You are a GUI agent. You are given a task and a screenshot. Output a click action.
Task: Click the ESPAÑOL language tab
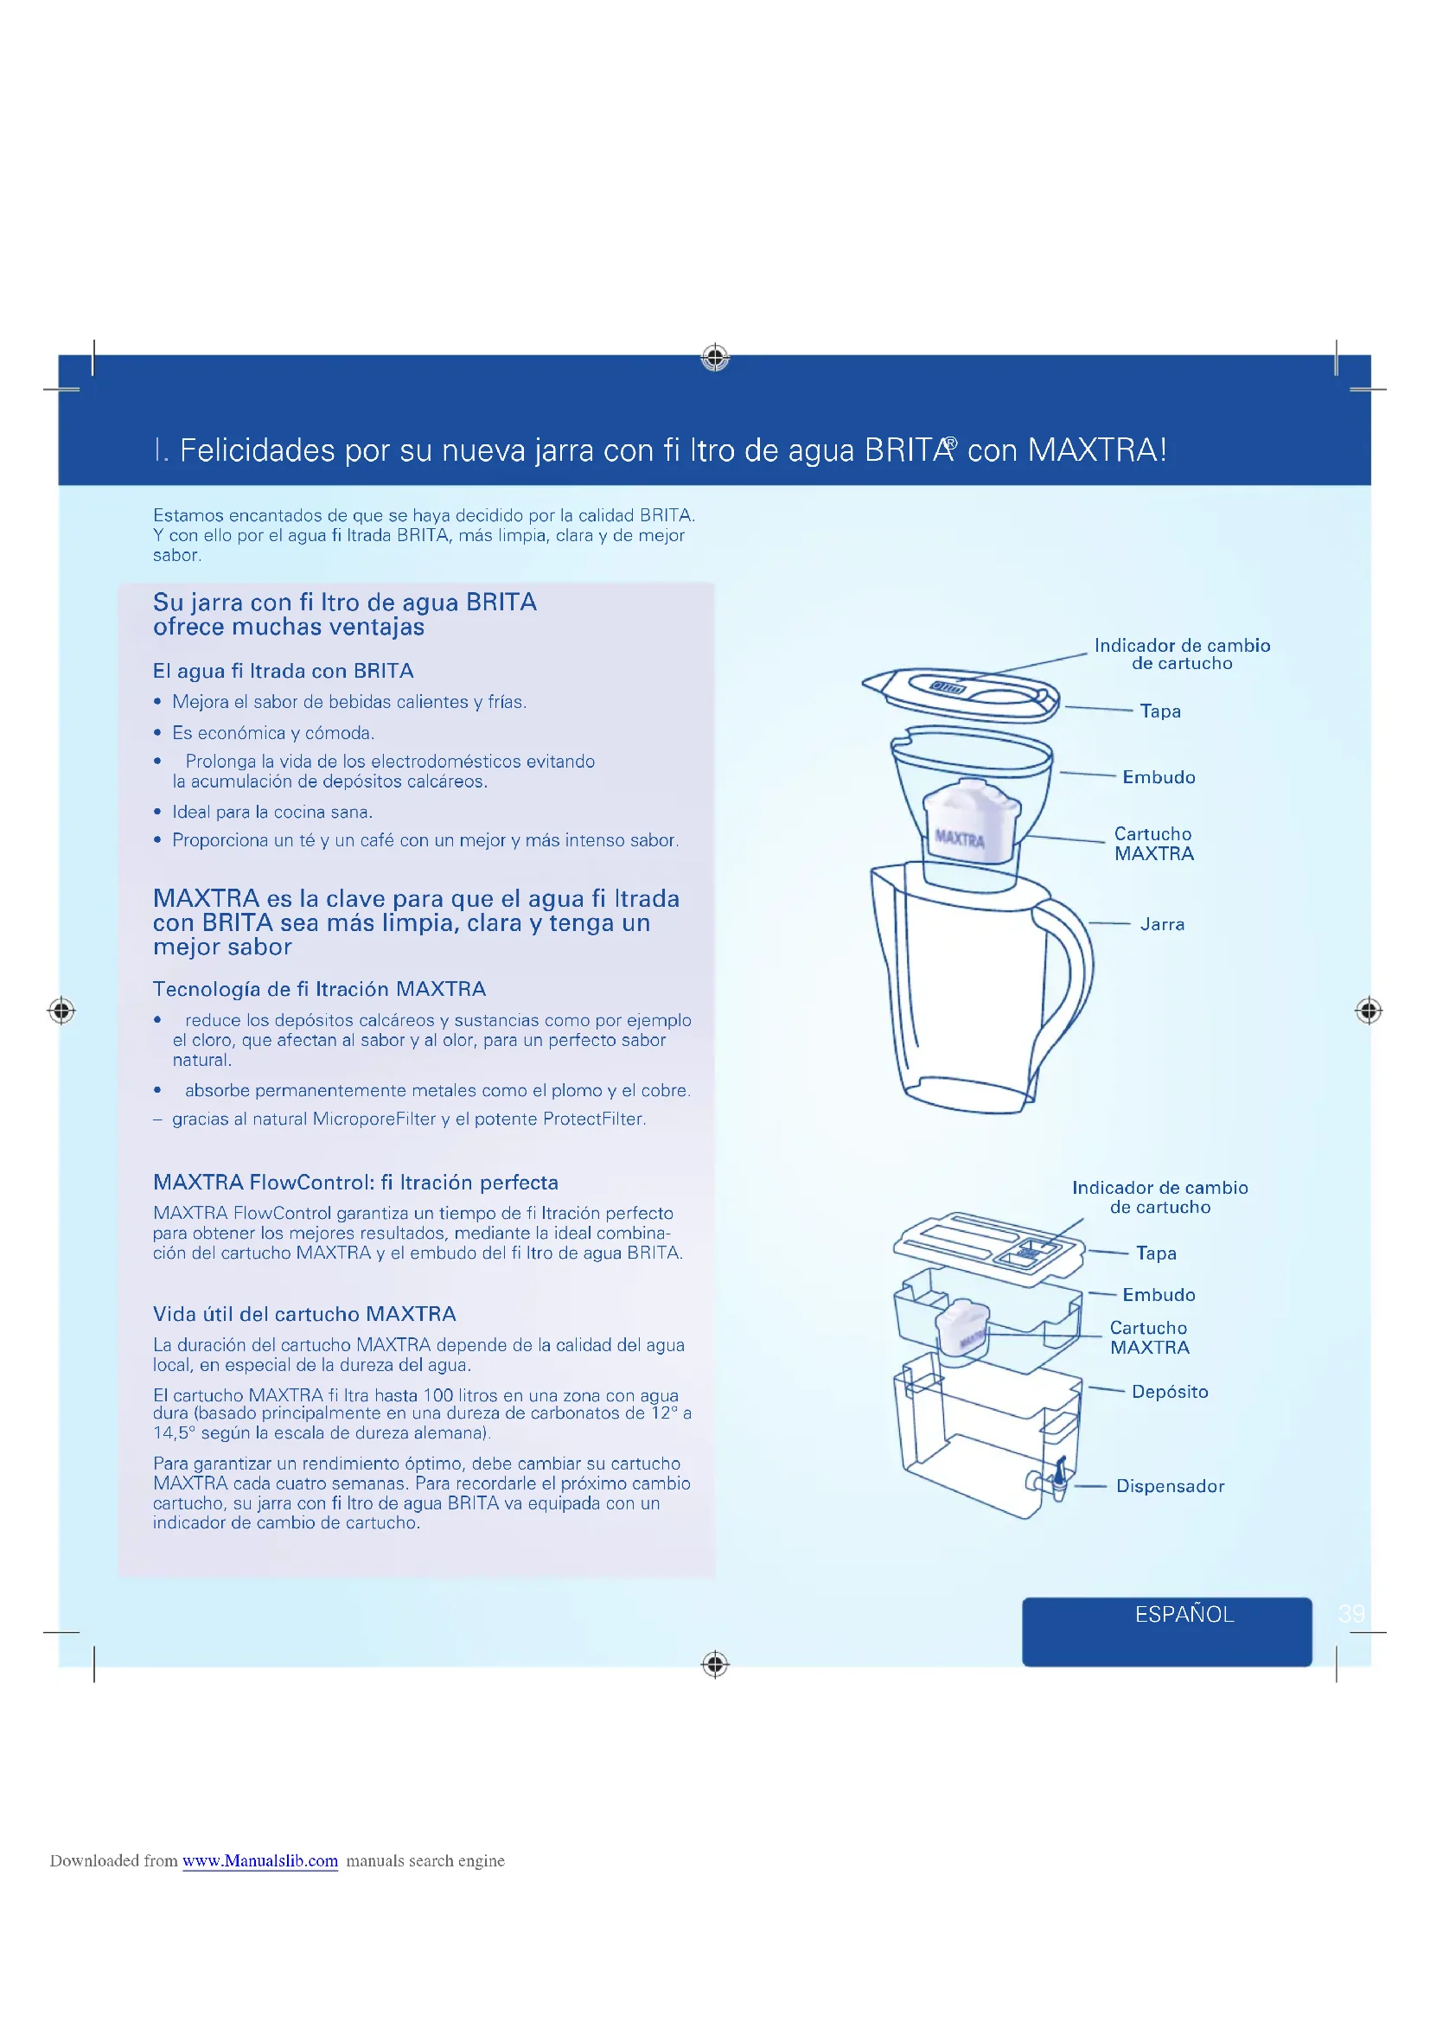click(x=1184, y=1614)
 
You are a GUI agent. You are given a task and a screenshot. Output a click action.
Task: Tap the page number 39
click(x=1350, y=1613)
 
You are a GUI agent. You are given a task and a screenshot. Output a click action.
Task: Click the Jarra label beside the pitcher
click(x=1161, y=924)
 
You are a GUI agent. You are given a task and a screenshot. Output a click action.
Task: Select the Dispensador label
click(x=1170, y=1486)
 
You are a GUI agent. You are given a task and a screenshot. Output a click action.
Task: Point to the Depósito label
click(x=1170, y=1392)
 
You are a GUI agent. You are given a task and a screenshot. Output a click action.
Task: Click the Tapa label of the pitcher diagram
click(x=1159, y=711)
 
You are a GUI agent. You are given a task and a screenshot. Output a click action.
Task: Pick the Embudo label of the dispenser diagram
click(x=1158, y=1295)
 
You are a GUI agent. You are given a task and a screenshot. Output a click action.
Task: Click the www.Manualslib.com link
click(x=259, y=1861)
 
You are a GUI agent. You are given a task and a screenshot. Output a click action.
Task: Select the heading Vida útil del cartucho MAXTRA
click(x=303, y=1314)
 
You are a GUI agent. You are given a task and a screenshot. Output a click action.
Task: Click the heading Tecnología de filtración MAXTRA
click(x=319, y=989)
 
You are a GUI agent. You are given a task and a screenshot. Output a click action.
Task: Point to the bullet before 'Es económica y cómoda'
click(x=157, y=733)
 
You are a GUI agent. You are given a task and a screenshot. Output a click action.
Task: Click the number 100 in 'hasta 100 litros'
click(x=437, y=1395)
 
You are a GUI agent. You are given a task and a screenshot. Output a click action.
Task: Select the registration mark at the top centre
click(x=715, y=358)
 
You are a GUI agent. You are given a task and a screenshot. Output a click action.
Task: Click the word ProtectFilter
click(x=593, y=1119)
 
